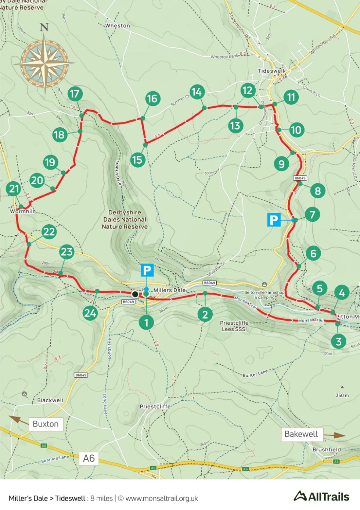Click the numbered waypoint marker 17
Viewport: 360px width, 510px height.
75,94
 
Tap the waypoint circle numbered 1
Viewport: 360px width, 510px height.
146,322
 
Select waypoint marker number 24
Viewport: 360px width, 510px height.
90,313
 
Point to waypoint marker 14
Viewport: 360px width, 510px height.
197,92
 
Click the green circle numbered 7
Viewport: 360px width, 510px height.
312,214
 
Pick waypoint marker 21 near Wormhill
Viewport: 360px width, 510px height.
14,189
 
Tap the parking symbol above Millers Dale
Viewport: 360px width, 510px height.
147,270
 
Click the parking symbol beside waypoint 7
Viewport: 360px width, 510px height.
274,220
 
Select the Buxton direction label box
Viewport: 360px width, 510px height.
46,424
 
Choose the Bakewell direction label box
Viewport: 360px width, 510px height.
301,434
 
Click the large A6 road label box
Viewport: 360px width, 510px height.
89,459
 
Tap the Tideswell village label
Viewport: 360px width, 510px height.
271,71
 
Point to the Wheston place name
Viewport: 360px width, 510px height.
118,26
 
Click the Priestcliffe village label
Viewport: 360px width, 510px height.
155,406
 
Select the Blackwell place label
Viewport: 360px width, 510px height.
50,400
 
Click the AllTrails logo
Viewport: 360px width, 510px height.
321,496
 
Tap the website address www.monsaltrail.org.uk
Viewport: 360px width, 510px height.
162,499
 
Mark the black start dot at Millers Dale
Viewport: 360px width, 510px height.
135,294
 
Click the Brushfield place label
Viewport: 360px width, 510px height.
327,449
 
